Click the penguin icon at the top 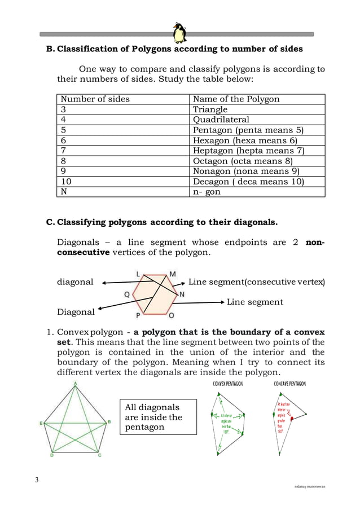180,33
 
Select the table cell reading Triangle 210,109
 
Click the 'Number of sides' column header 95,99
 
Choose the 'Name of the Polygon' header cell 236,99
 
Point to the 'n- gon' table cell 207,192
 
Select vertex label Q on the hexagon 126,294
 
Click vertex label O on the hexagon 172,315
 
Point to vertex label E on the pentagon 41,422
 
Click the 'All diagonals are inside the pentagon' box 159,417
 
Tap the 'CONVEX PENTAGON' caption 227,384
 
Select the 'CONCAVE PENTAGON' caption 289,384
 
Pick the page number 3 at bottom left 37,480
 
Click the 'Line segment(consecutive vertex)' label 257,282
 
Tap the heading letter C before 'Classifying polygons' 50,222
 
